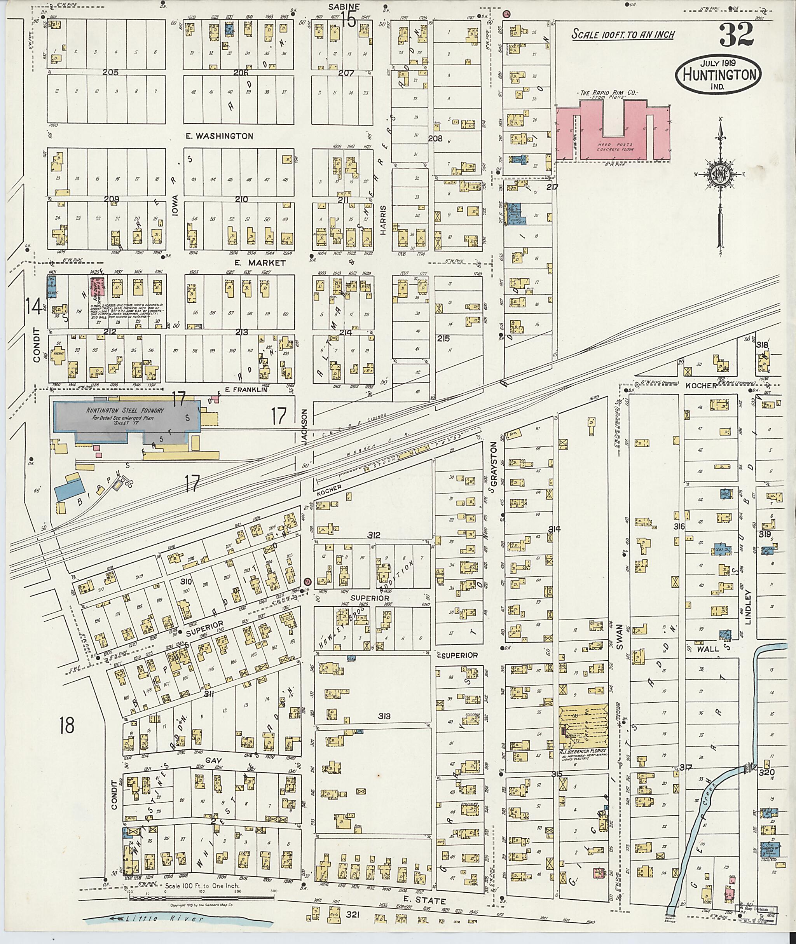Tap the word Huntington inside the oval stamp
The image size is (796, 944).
point(719,75)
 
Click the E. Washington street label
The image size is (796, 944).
point(219,136)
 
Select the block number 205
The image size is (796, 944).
point(110,72)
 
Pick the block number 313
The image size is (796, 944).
point(384,716)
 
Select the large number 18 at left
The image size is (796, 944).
point(66,726)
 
